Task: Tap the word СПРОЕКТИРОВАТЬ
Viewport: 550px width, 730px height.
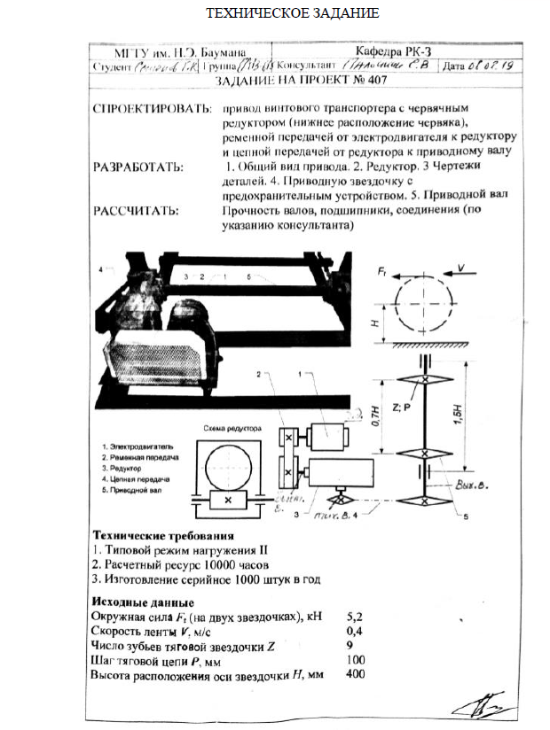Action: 147,110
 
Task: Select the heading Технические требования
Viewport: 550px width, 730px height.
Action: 163,536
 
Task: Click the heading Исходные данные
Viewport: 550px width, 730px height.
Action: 137,602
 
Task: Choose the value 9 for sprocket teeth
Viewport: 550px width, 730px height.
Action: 350,645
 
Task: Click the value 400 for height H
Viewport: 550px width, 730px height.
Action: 356,674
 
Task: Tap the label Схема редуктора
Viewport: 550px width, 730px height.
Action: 232,427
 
